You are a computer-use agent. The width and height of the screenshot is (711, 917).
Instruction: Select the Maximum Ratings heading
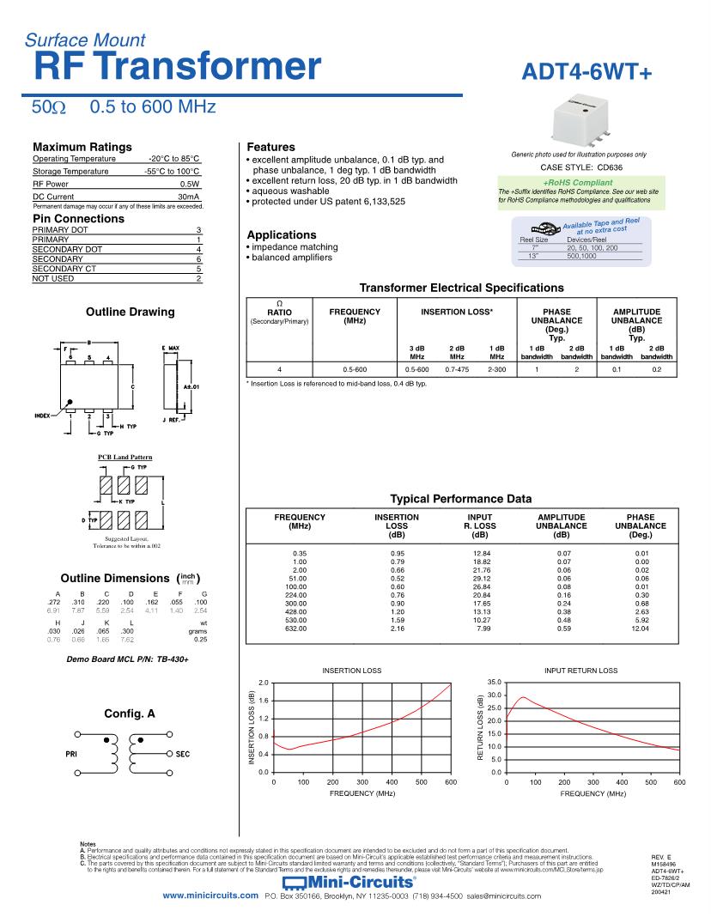tap(82, 147)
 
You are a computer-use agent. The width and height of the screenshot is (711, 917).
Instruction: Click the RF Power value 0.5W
tap(190, 184)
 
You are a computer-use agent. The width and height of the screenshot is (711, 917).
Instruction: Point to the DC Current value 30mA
tap(188, 197)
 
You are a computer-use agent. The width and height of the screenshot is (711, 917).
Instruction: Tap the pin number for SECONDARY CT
tap(197, 268)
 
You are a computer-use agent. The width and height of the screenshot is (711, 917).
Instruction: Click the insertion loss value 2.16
tap(397, 629)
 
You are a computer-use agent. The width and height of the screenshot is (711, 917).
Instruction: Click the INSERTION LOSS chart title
tap(351, 670)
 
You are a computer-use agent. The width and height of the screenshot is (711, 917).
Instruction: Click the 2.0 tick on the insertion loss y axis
tap(264, 682)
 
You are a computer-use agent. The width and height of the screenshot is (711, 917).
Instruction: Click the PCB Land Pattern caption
tap(125, 457)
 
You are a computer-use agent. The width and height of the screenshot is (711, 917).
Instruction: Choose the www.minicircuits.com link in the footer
tap(210, 896)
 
